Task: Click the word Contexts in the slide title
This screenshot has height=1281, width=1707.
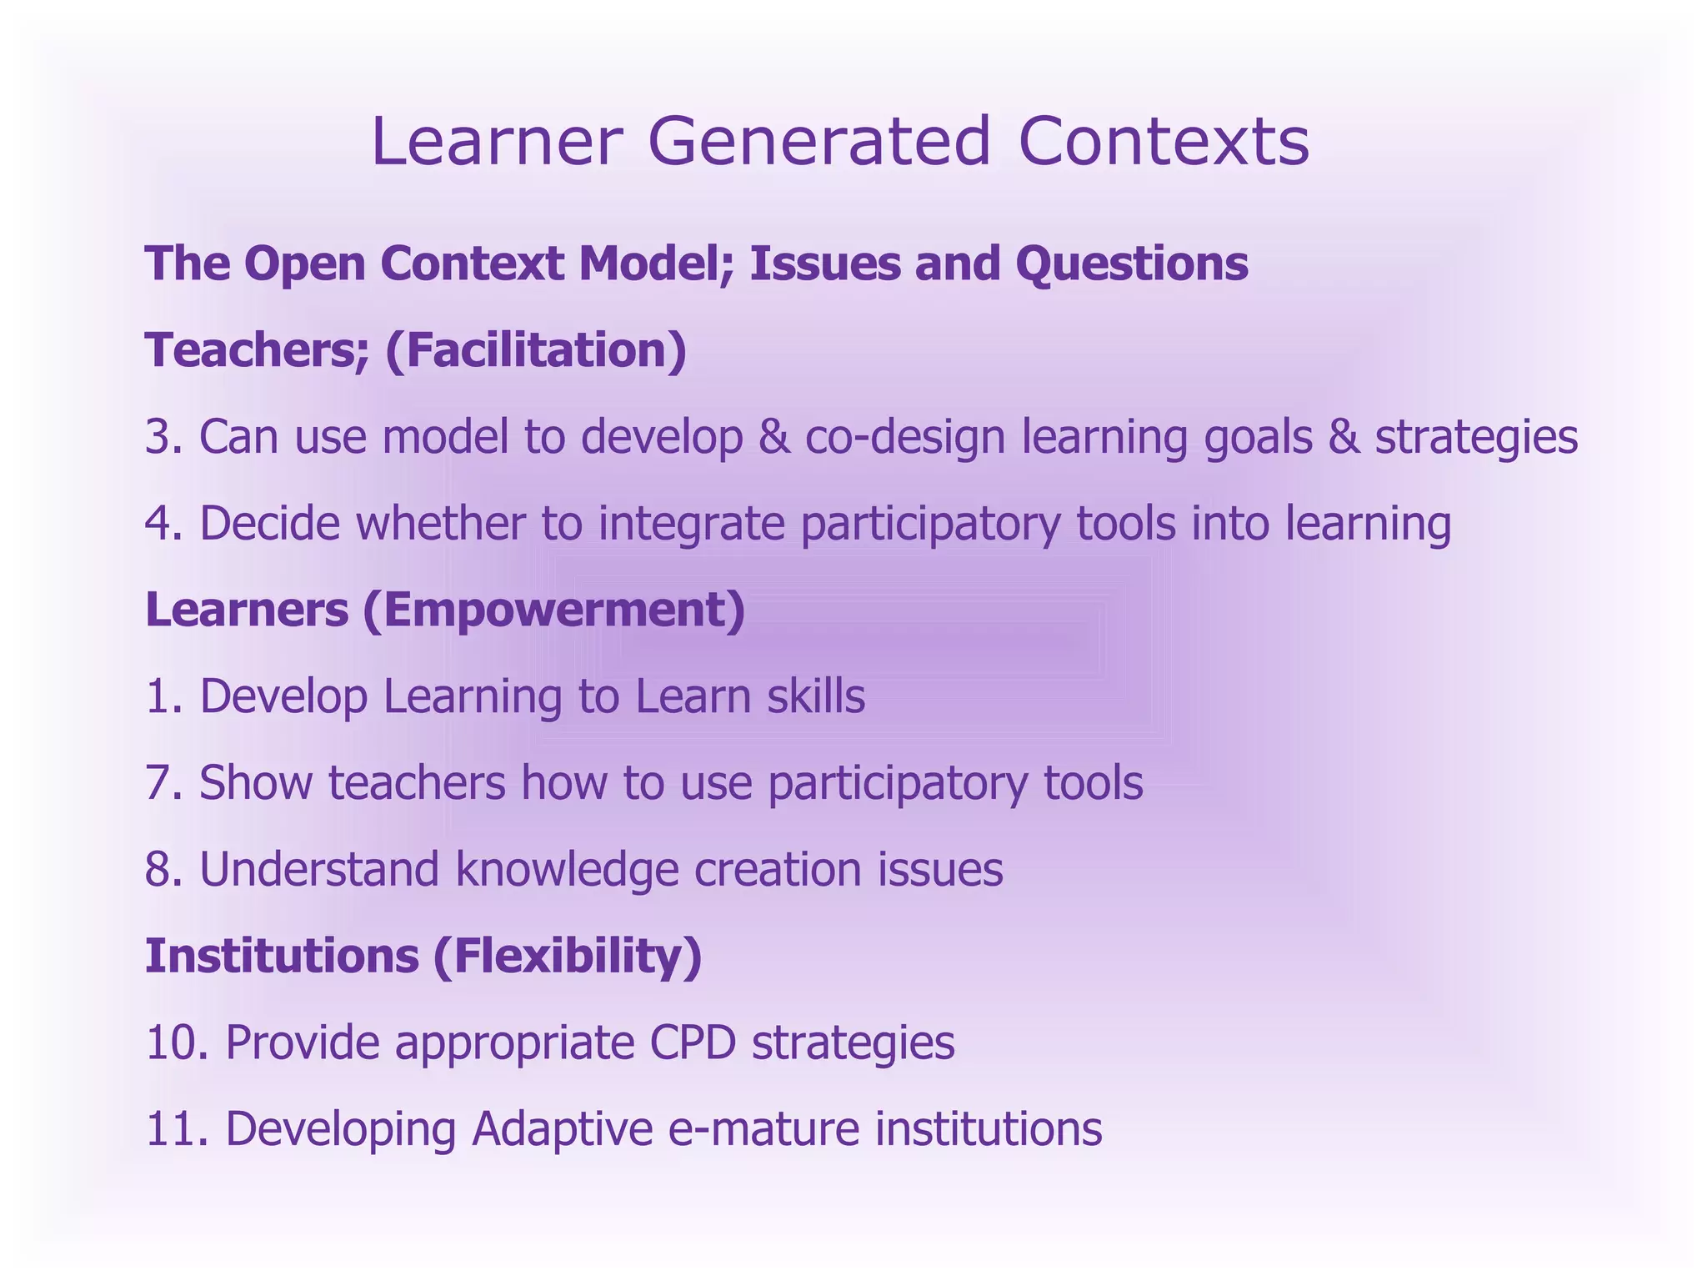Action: (x=1164, y=142)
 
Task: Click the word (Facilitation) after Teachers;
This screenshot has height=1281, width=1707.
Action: (x=536, y=350)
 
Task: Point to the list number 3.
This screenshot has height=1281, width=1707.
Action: (x=163, y=437)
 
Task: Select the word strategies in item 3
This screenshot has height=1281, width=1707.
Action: (x=1476, y=437)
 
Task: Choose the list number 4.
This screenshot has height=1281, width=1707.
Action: (x=163, y=524)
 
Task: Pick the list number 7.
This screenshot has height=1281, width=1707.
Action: (x=163, y=783)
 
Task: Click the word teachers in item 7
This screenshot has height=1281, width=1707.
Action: (x=417, y=783)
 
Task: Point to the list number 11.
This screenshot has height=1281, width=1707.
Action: (x=176, y=1129)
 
